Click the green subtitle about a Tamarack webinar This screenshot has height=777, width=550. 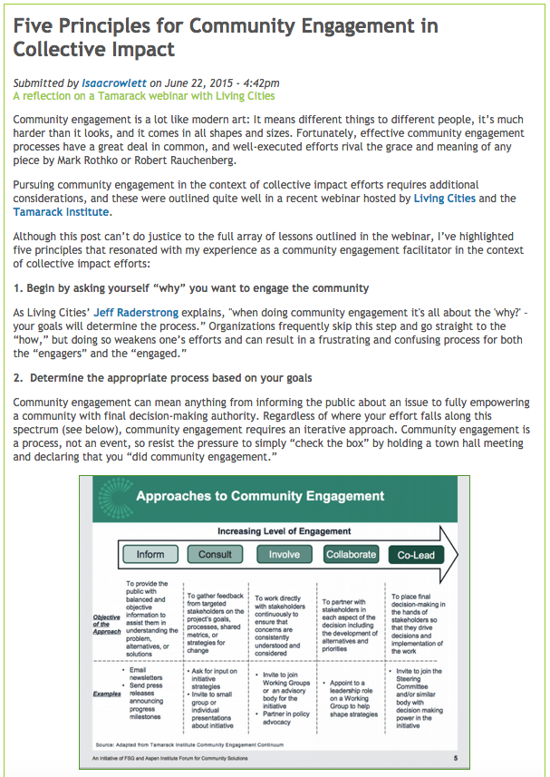144,95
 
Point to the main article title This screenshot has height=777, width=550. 225,36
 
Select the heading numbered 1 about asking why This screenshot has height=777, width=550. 191,288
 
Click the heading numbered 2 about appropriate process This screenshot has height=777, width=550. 163,377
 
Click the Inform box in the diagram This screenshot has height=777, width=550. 150,554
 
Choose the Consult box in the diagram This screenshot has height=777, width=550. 215,554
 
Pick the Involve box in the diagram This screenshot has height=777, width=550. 284,554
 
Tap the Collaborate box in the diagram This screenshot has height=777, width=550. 351,554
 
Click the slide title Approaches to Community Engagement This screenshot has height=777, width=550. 260,496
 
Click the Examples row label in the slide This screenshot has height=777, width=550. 107,694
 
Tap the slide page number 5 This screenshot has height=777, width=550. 455,757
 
